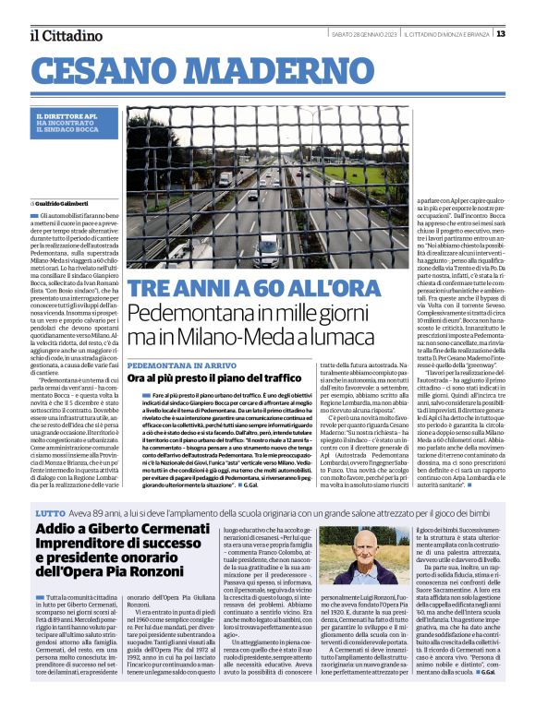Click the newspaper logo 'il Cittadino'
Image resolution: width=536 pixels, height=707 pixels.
click(66, 35)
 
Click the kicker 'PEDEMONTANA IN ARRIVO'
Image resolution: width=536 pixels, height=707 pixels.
click(177, 365)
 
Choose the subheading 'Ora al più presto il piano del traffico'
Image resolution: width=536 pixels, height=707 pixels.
click(214, 378)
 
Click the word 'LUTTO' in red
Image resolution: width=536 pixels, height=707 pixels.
click(49, 511)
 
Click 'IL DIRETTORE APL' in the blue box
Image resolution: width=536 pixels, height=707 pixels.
click(66, 114)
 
